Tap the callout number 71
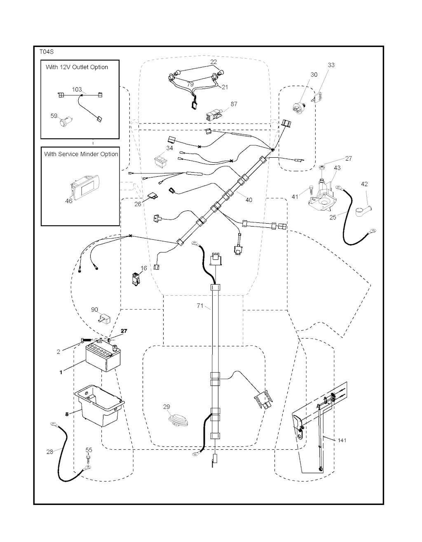200,306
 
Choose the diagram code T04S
47,52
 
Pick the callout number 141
342,440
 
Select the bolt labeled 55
88,457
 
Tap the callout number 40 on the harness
249,200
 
